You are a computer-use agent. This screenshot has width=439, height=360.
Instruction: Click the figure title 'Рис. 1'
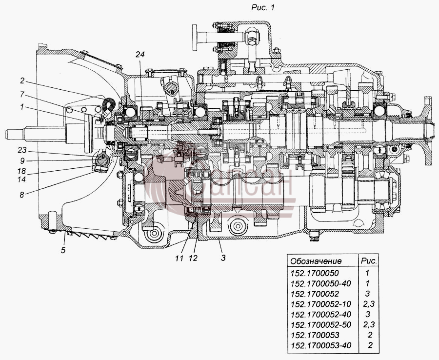tap(262, 8)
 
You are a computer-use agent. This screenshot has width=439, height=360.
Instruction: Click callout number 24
tap(140, 55)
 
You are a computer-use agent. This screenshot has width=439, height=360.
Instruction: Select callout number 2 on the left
tap(22, 81)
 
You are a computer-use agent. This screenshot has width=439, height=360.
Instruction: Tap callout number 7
tap(22, 95)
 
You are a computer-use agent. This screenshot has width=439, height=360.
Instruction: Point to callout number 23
tap(22, 150)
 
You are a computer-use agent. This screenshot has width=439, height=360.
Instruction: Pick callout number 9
tap(22, 160)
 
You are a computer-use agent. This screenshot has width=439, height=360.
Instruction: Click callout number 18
tap(21, 171)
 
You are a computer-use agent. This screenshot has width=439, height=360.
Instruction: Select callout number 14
tap(21, 179)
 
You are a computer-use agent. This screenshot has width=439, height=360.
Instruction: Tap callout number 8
tap(22, 194)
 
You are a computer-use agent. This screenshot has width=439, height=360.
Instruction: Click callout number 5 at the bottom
tap(63, 250)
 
